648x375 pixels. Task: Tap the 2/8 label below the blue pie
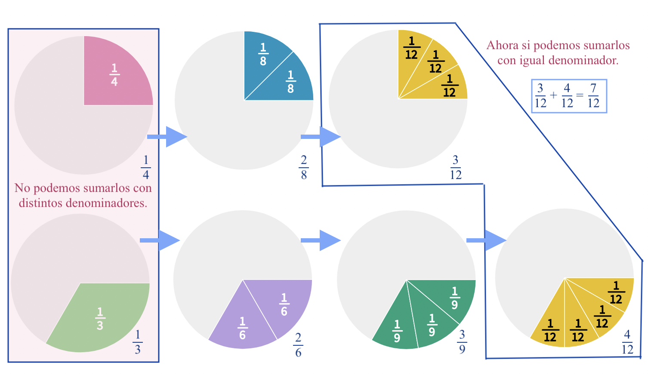[304, 167]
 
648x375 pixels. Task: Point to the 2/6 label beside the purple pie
[298, 345]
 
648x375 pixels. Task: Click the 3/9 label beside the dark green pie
[462, 341]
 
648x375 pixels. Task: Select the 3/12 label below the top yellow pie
[456, 167]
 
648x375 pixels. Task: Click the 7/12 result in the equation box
[593, 96]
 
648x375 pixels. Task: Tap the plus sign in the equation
[553, 95]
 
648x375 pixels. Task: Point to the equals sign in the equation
[580, 95]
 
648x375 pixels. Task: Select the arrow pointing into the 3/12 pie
[321, 137]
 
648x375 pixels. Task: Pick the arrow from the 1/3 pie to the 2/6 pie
[160, 240]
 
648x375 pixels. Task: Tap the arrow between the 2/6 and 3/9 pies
[321, 240]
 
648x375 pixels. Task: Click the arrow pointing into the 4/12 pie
[486, 240]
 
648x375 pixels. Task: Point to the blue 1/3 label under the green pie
[138, 342]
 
